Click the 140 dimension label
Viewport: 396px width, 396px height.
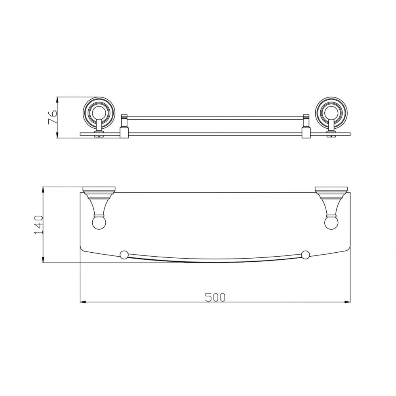click(39, 225)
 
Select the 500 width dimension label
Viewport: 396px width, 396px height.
click(215, 297)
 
